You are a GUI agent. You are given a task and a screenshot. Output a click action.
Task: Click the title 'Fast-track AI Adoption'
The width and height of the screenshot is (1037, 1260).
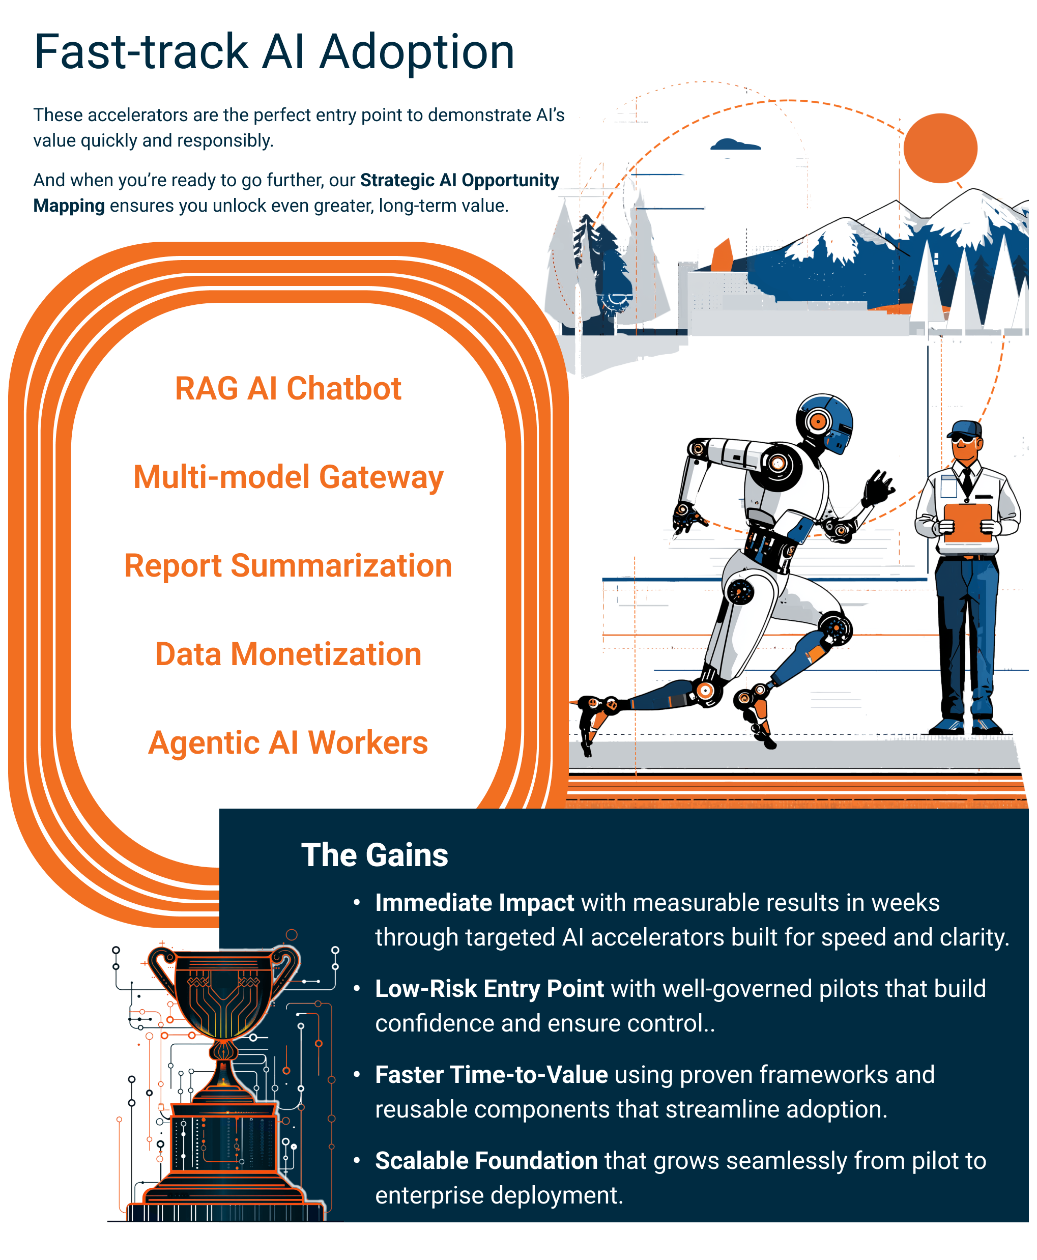pos(274,52)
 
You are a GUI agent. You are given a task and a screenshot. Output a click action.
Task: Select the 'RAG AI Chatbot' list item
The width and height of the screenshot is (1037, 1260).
pos(288,389)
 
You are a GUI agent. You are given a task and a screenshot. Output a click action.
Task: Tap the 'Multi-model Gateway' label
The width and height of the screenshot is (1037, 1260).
pos(288,477)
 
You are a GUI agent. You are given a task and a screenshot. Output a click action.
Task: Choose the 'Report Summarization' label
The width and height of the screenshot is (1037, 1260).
pos(288,566)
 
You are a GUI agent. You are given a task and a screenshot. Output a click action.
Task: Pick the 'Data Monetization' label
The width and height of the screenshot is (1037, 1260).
pos(288,654)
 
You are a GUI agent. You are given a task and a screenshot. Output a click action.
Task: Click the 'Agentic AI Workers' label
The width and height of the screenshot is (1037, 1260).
pos(288,742)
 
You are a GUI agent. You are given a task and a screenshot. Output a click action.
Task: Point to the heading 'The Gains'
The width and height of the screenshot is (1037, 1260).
pos(375,855)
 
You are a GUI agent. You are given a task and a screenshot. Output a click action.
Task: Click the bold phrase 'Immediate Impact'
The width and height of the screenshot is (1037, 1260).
pos(474,903)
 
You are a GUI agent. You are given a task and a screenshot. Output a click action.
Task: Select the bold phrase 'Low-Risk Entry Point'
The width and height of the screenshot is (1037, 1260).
pos(489,989)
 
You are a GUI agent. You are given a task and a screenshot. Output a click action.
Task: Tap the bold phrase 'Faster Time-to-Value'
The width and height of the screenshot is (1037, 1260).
pos(491,1075)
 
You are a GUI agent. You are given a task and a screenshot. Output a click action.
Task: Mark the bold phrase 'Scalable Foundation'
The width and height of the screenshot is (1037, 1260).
pos(486,1161)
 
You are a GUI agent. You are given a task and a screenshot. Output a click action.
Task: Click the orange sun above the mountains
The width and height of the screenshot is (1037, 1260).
pos(940,148)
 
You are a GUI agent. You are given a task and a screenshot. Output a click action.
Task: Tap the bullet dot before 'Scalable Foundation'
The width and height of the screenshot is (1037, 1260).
pos(357,1160)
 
